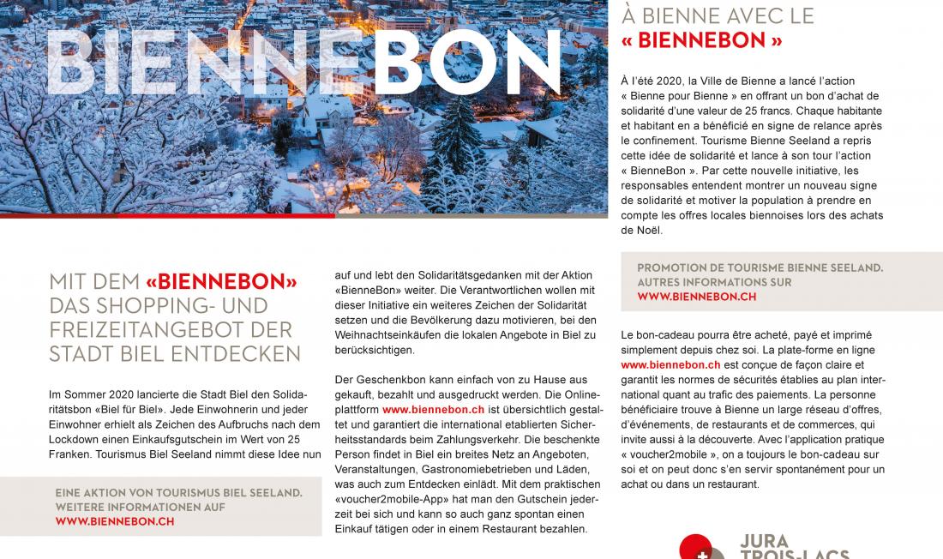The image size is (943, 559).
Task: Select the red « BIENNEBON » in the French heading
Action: [x=702, y=39]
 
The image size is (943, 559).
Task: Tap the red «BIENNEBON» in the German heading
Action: [x=221, y=281]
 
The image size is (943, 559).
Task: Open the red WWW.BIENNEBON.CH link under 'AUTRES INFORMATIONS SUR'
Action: [x=697, y=297]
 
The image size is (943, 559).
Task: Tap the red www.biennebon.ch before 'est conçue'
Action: [x=670, y=364]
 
